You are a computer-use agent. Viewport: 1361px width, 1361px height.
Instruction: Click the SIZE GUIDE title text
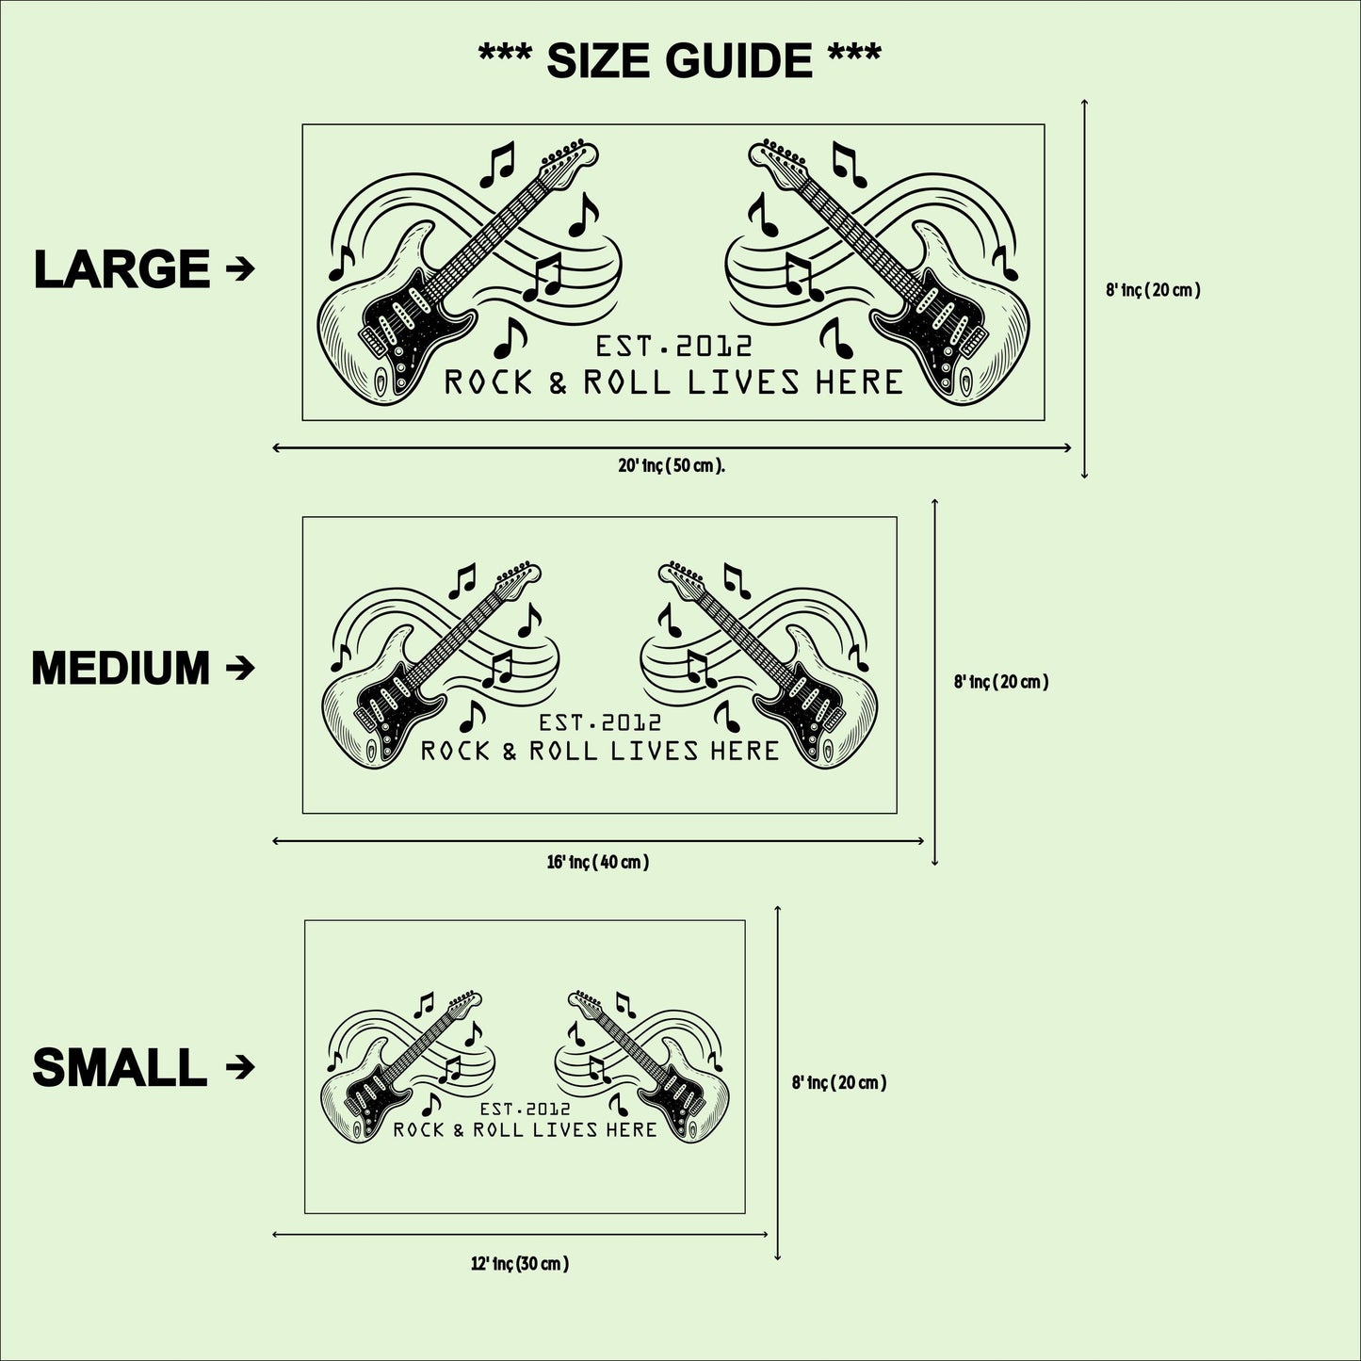click(x=679, y=59)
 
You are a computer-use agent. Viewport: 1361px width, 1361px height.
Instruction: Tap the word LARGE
click(x=122, y=269)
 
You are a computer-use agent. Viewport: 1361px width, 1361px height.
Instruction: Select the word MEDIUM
click(x=121, y=668)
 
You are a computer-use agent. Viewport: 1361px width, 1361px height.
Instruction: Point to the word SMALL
click(x=120, y=1067)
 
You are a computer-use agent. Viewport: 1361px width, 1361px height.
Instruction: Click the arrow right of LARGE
click(x=240, y=268)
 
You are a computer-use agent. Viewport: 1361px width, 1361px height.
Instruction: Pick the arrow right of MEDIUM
click(x=240, y=668)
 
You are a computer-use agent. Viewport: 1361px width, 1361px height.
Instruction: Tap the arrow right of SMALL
click(x=240, y=1067)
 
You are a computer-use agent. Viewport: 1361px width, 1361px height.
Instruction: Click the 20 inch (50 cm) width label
click(x=672, y=466)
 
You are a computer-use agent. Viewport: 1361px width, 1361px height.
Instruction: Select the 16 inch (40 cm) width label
click(x=597, y=862)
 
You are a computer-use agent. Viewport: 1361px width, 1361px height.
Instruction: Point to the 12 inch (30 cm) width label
click(x=520, y=1264)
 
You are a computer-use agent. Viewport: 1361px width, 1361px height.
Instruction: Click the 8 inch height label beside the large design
click(x=1154, y=289)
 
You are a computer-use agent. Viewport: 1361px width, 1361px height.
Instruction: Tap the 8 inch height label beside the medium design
click(x=1001, y=682)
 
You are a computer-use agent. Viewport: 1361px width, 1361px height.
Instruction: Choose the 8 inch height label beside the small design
click(x=839, y=1082)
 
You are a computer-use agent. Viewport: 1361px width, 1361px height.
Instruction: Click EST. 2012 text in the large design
click(x=674, y=347)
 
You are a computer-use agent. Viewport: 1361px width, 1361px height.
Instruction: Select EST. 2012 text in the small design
click(x=525, y=1109)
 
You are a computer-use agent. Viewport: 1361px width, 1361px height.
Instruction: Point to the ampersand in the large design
click(x=558, y=383)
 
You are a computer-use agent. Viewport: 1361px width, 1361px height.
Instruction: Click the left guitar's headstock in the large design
click(x=569, y=162)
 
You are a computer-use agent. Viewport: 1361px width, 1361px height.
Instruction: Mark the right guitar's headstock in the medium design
click(x=682, y=575)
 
